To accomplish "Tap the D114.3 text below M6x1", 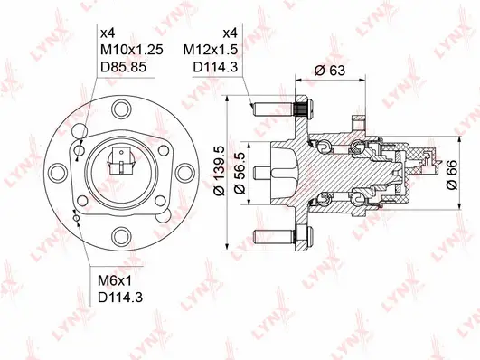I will coord(118,298).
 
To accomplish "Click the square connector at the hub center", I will coord(118,165).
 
